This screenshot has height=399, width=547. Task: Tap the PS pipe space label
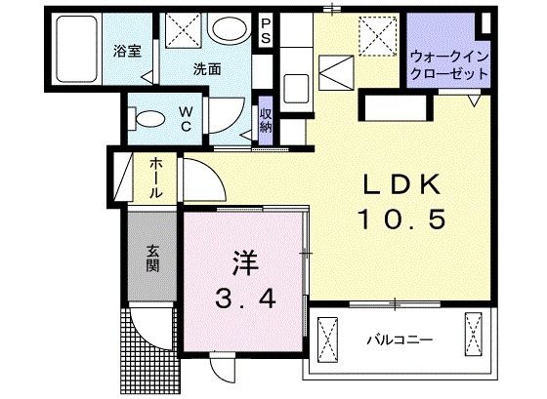tap(266, 31)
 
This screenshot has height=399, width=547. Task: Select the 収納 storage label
tap(266, 120)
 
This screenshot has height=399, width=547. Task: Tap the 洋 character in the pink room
tap(243, 261)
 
